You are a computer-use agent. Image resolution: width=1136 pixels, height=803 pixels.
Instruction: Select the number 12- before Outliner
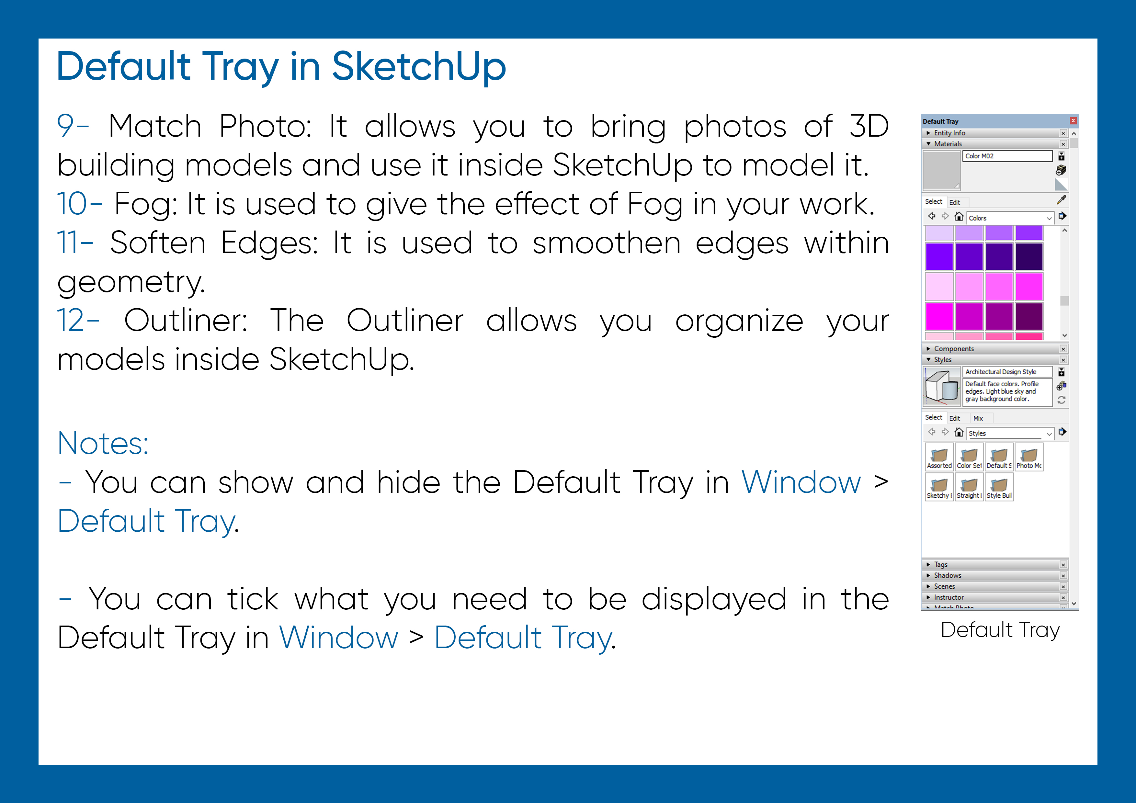[x=78, y=321]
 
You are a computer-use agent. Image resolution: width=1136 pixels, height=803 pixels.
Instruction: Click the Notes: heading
[x=103, y=443]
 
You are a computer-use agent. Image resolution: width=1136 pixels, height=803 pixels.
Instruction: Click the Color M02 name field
[x=1007, y=156]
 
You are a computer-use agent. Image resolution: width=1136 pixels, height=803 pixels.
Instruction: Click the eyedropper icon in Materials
[x=1061, y=200]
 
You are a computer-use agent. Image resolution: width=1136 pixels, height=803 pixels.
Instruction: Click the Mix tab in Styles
[x=978, y=418]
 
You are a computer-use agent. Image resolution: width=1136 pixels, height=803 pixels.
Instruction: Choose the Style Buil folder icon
[x=999, y=486]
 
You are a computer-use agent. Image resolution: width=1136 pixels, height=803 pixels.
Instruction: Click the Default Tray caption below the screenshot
[x=1000, y=630]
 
